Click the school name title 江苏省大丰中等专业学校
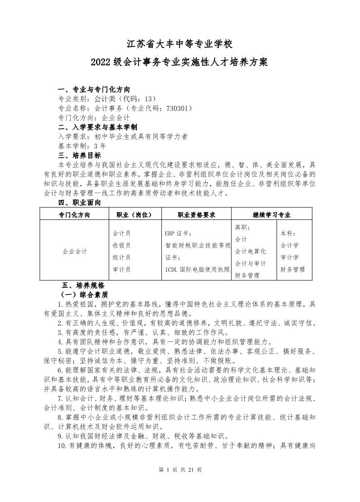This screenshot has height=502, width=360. click(180, 45)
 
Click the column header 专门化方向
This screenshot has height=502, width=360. click(74, 214)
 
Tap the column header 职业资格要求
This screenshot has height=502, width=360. click(196, 214)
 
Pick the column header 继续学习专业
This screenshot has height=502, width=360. click(271, 214)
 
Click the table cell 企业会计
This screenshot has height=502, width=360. click(75, 251)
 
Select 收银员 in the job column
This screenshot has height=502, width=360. click(122, 245)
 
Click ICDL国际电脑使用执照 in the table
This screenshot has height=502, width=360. click(197, 269)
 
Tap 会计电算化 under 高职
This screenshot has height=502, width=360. click(250, 251)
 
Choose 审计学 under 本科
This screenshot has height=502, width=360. click(289, 257)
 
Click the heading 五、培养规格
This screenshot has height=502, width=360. click(83, 285)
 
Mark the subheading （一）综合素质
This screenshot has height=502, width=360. click(81, 294)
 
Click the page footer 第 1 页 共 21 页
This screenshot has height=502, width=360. click(180, 469)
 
